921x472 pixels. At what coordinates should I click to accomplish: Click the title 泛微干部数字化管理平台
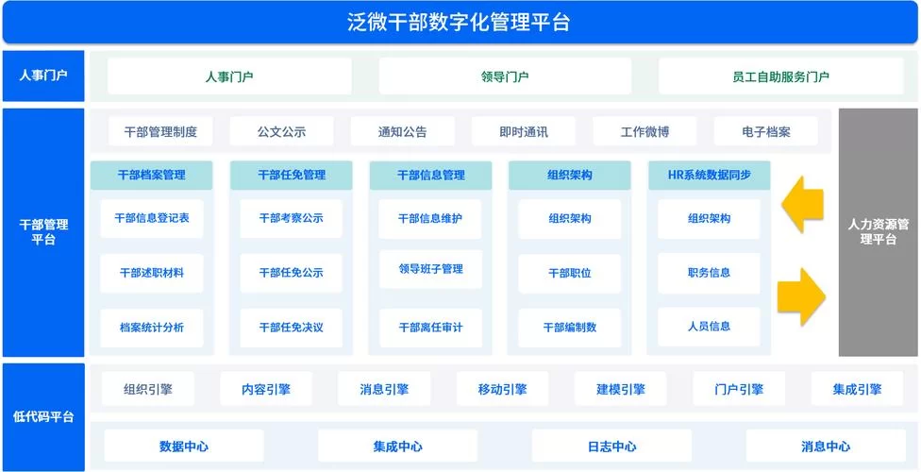pyautogui.click(x=460, y=22)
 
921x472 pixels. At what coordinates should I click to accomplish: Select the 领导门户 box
pyautogui.click(x=505, y=76)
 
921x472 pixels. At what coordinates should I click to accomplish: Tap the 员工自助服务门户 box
pyautogui.click(x=780, y=76)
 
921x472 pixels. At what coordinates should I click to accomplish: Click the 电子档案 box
pyautogui.click(x=765, y=132)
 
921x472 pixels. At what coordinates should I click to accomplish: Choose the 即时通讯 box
pyautogui.click(x=524, y=132)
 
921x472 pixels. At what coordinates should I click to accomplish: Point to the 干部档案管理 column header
pyautogui.click(x=151, y=176)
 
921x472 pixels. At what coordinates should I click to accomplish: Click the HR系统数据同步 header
pyautogui.click(x=709, y=176)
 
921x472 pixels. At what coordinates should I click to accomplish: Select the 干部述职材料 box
pyautogui.click(x=151, y=273)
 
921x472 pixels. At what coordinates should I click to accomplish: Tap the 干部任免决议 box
pyautogui.click(x=291, y=328)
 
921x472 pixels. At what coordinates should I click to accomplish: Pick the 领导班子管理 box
pyautogui.click(x=430, y=269)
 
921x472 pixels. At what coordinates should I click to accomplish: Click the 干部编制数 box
pyautogui.click(x=570, y=328)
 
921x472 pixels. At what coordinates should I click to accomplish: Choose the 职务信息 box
pyautogui.click(x=709, y=273)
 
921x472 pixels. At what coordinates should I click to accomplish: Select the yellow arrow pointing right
pyautogui.click(x=800, y=295)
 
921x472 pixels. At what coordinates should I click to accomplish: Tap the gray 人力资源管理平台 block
pyautogui.click(x=878, y=232)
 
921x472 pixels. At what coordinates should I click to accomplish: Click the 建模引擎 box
pyautogui.click(x=620, y=389)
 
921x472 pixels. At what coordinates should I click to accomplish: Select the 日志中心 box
pyautogui.click(x=611, y=447)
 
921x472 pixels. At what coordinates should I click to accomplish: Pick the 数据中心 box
pyautogui.click(x=184, y=447)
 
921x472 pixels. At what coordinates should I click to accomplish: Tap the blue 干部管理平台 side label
pyautogui.click(x=43, y=232)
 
